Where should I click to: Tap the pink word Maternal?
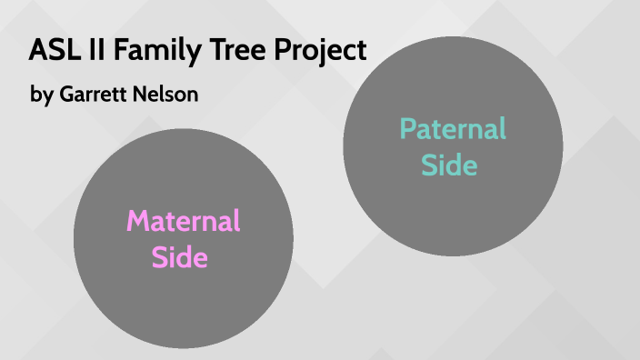click(x=183, y=221)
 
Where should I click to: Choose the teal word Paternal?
click(x=453, y=129)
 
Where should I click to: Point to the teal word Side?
click(x=452, y=165)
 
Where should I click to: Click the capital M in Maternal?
click(x=137, y=221)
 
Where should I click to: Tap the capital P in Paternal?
click(x=407, y=129)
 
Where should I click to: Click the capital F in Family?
click(x=126, y=50)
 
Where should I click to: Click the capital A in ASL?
click(x=37, y=50)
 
